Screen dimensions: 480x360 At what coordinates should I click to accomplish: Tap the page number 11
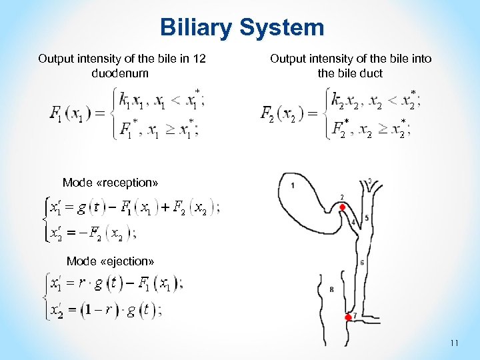click(455, 343)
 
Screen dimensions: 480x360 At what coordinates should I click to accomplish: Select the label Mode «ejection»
click(110, 260)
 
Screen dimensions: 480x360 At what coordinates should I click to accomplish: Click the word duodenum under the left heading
click(119, 72)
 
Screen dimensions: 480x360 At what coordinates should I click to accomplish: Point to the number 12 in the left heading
click(199, 59)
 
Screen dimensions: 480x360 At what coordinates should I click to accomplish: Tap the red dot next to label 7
click(348, 318)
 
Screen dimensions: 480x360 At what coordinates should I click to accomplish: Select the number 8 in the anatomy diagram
click(331, 289)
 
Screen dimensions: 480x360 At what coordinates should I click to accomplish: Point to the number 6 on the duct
click(362, 263)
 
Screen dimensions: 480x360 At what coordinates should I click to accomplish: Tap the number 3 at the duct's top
click(370, 181)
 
